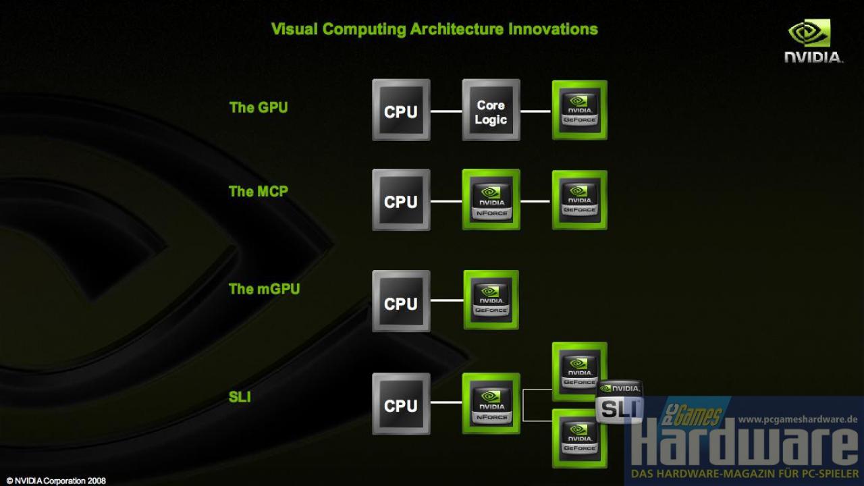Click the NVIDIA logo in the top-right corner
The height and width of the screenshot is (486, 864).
click(x=813, y=41)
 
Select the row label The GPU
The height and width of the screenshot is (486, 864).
click(x=259, y=107)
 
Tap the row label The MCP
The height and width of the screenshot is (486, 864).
click(x=259, y=191)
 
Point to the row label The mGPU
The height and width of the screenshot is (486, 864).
click(x=264, y=289)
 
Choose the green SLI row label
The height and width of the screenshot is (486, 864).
click(x=240, y=397)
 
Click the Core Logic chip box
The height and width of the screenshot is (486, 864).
click(x=491, y=110)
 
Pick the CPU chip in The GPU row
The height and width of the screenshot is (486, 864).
click(x=401, y=110)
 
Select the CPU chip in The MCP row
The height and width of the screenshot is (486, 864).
click(x=401, y=200)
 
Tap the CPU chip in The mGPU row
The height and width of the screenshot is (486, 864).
click(x=401, y=301)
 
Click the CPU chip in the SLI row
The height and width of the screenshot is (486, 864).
click(x=401, y=404)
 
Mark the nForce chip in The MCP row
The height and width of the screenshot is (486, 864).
click(x=491, y=199)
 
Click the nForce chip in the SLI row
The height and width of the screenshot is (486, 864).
click(x=491, y=404)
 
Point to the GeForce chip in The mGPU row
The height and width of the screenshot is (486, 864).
click(x=491, y=300)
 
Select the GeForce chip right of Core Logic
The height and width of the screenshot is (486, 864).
click(x=580, y=110)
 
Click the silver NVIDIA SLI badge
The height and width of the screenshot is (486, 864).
click(x=620, y=402)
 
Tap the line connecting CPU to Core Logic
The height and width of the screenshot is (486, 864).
click(x=446, y=111)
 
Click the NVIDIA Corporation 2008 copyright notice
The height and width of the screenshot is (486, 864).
click(x=56, y=481)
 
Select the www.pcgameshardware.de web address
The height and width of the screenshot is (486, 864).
click(x=798, y=419)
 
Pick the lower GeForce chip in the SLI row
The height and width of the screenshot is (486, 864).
click(x=580, y=439)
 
